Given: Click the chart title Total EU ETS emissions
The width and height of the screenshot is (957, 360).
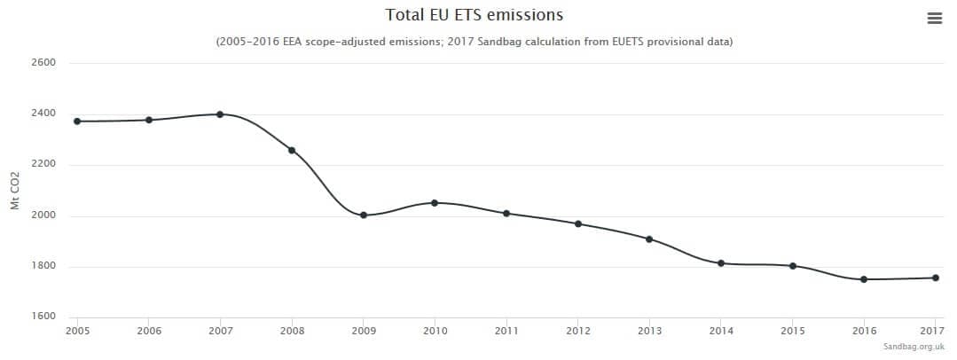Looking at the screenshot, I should coord(475,15).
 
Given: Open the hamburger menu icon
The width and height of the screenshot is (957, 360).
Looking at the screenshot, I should coord(934,18).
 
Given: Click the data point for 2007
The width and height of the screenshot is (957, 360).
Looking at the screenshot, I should coord(220,114).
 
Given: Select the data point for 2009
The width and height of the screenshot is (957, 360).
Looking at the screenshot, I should coord(364,215).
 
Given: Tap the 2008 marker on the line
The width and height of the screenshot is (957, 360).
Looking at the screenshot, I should coord(292,150).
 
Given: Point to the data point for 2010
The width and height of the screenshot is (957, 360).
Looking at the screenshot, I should coord(435,203).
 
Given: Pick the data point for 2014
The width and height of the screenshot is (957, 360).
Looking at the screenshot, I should coord(721,263).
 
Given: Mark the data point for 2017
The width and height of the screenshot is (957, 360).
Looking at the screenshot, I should coord(936,278).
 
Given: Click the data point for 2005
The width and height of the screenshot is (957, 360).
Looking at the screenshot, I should coord(77,121).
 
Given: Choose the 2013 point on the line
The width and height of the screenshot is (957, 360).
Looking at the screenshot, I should coord(649,239).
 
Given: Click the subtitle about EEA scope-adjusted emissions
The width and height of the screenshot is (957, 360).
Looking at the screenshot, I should coord(475,42).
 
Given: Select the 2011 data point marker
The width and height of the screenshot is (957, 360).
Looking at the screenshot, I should coord(506,213).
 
